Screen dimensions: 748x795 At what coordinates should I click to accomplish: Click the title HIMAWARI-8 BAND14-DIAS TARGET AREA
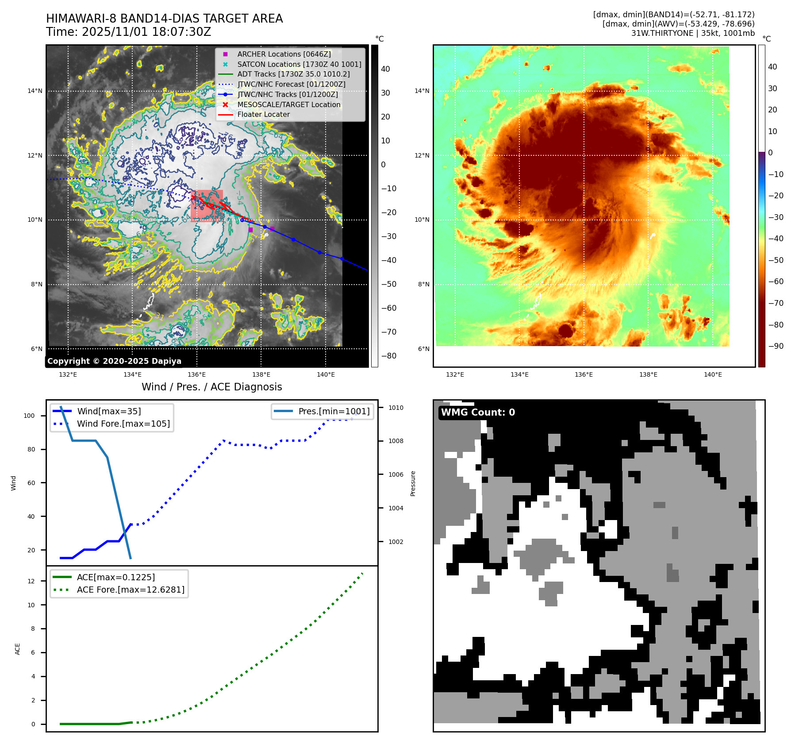click(x=164, y=19)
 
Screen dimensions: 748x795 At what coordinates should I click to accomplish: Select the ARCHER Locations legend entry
click(x=284, y=54)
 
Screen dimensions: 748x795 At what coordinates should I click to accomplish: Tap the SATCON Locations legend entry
click(x=299, y=64)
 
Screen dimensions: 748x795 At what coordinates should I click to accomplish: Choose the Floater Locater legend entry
click(x=263, y=114)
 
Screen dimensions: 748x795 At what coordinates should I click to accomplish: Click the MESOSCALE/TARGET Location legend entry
click(x=288, y=104)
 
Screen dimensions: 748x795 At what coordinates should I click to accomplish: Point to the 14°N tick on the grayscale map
click(x=35, y=91)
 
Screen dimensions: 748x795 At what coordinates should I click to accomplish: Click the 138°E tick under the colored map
click(x=648, y=374)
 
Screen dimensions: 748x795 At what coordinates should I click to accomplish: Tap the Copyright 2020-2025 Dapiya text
click(x=114, y=361)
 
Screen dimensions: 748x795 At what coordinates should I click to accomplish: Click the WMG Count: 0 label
click(x=478, y=413)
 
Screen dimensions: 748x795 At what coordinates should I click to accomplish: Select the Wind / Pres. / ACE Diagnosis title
click(x=211, y=387)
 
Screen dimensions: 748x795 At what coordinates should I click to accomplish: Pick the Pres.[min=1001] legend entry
click(x=334, y=411)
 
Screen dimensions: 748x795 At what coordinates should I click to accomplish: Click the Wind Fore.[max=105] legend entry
click(x=123, y=424)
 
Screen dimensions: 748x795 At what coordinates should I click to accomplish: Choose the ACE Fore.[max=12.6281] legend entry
click(x=131, y=590)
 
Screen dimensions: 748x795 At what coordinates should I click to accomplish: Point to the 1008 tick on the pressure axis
click(x=396, y=441)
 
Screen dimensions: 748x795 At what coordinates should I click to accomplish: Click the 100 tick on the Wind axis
click(x=29, y=416)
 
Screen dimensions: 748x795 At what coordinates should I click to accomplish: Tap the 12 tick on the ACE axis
click(x=31, y=581)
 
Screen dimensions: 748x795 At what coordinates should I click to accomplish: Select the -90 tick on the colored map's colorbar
click(x=776, y=346)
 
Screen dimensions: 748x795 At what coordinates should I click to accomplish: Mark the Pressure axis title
click(x=413, y=483)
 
